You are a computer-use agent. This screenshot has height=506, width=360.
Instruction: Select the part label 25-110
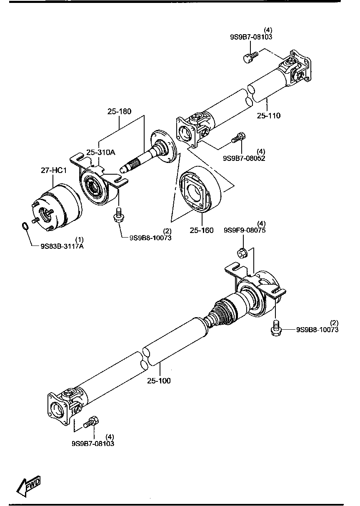(268, 115)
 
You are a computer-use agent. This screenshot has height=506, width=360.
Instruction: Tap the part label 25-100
(159, 381)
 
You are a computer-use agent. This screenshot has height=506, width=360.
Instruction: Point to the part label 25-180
(119, 111)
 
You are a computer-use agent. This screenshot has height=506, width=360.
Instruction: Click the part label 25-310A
(100, 152)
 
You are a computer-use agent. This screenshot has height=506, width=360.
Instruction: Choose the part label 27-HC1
(54, 170)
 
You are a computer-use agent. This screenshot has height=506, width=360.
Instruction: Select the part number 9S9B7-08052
(244, 158)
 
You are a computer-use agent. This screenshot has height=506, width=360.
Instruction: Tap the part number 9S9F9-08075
(245, 230)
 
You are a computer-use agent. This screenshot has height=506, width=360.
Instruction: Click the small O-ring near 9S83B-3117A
(25, 227)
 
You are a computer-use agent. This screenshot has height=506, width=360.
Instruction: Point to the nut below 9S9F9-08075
(242, 252)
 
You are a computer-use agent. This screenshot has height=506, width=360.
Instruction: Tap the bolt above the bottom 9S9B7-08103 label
(91, 422)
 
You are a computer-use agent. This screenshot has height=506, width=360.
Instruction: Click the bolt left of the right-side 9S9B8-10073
(275, 327)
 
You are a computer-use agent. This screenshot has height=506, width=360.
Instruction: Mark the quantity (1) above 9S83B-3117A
(79, 239)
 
